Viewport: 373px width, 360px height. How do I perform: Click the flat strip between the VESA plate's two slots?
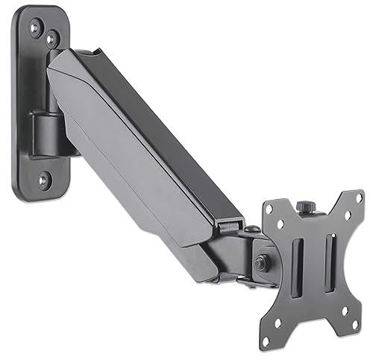(x=315, y=253)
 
